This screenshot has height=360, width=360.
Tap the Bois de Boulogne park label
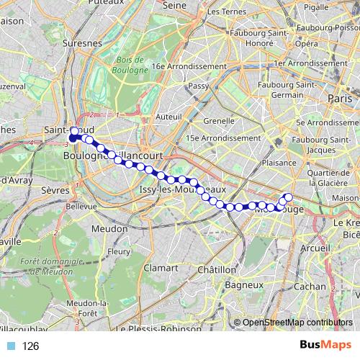point(130,65)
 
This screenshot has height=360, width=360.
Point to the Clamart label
point(160,266)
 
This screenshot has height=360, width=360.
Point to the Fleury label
point(118,251)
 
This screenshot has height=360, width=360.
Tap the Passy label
point(198,86)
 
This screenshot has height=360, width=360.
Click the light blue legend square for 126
point(11,346)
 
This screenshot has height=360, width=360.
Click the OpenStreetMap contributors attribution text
point(297,323)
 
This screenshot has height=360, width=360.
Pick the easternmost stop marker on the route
point(289,197)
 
